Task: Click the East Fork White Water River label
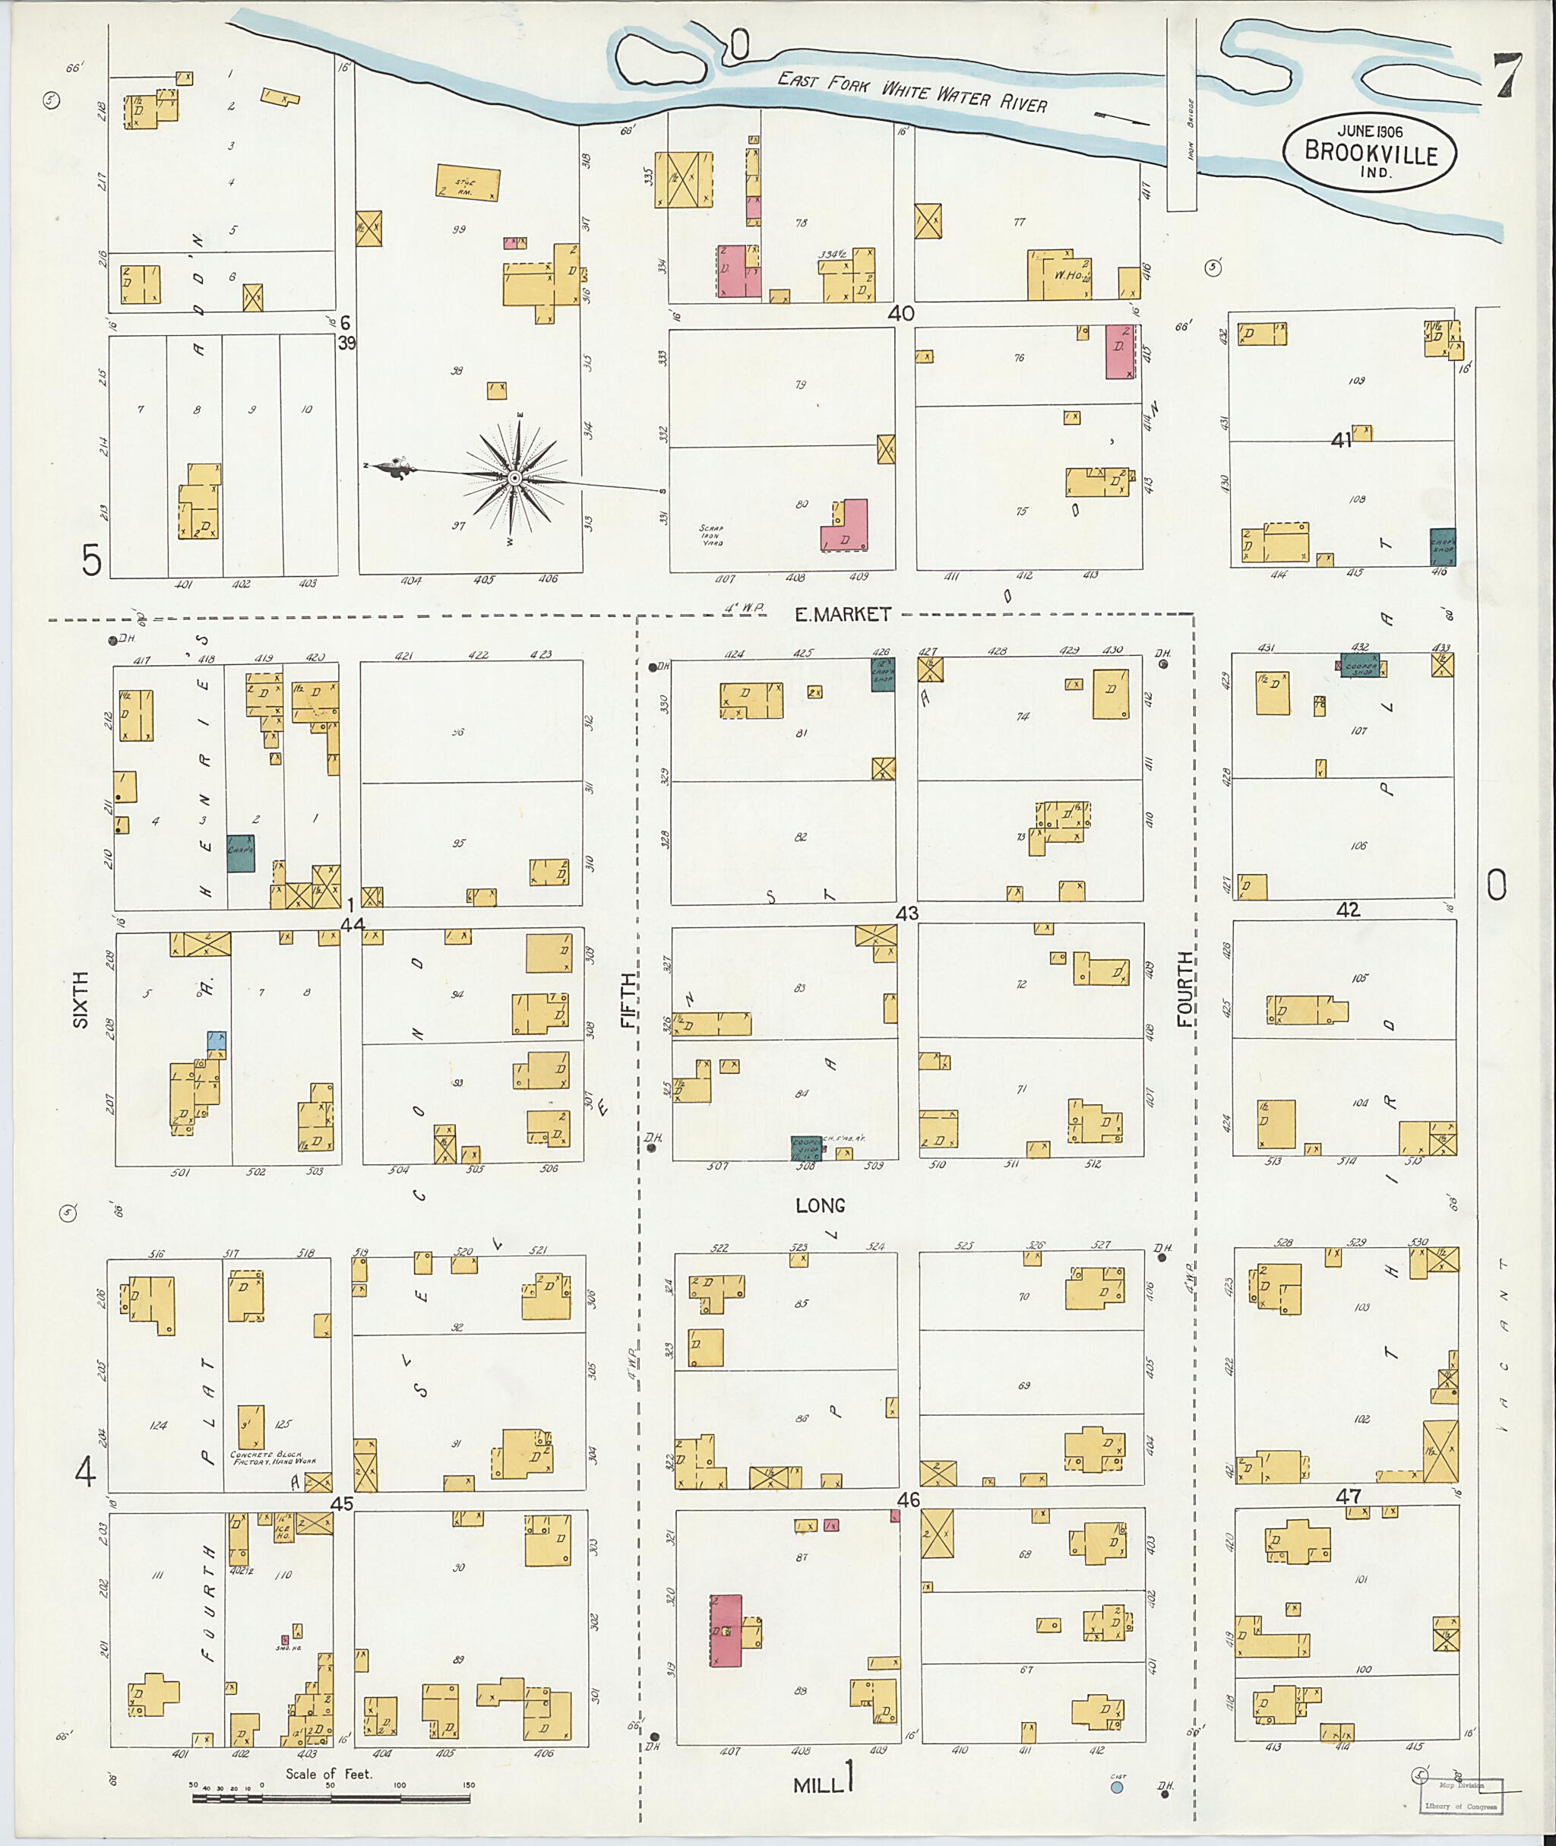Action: (x=911, y=92)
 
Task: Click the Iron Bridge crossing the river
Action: (x=1181, y=115)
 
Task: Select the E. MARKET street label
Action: (x=843, y=614)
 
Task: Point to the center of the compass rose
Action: (x=513, y=477)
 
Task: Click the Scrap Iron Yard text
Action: (x=711, y=537)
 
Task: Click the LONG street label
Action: (x=821, y=1205)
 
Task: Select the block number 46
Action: (x=909, y=1500)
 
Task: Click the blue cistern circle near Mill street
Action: (x=1117, y=1787)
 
